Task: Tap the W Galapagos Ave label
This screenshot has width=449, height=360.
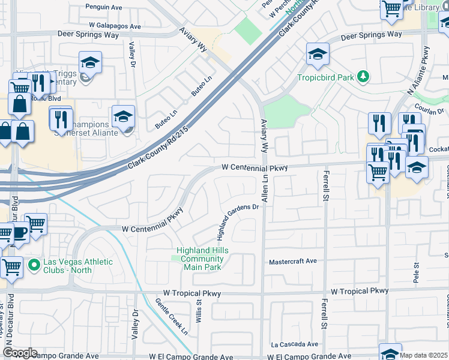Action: [x=115, y=26]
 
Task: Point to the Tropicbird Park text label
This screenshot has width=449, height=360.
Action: [x=325, y=77]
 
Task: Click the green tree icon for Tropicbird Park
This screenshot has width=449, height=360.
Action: [x=363, y=76]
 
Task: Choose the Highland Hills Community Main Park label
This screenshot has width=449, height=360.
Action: [x=200, y=259]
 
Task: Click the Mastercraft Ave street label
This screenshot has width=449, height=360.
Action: [x=292, y=262]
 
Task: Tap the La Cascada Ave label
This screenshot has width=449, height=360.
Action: [x=294, y=344]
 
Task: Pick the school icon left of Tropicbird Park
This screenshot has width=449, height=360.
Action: [x=317, y=55]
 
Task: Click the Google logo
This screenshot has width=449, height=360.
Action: [x=20, y=353]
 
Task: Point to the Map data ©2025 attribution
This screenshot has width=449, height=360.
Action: [x=423, y=355]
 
